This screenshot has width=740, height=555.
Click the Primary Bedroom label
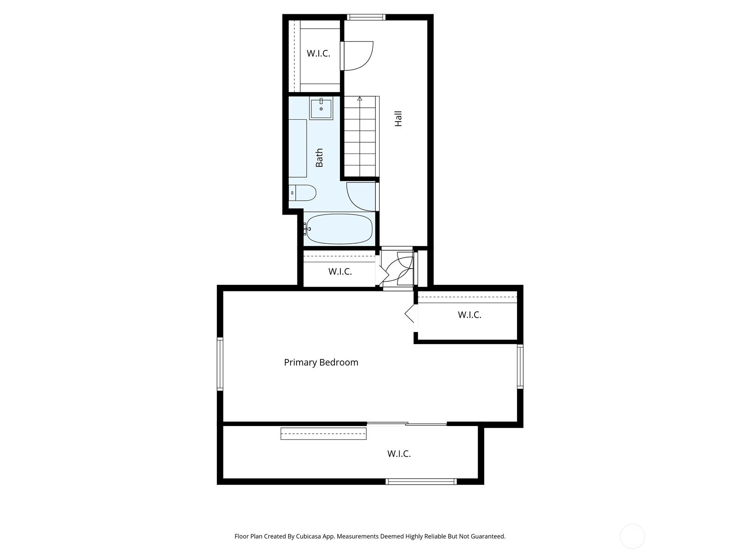[321, 363]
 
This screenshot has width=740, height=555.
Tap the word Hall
[398, 118]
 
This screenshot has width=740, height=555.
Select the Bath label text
[319, 158]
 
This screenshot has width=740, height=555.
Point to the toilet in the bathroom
[303, 192]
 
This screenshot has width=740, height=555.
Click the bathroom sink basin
[321, 109]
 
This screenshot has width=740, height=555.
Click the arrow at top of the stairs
[359, 99]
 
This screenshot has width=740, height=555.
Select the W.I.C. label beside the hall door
[318, 54]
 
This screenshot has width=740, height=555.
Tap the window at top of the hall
[366, 18]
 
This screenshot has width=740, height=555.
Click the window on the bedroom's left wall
[220, 364]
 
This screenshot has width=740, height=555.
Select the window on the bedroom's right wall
[520, 366]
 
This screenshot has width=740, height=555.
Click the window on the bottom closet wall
[421, 481]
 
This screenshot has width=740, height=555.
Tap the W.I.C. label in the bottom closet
[399, 454]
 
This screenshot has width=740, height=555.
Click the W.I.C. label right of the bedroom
[469, 315]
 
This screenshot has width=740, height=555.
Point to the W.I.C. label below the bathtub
[340, 272]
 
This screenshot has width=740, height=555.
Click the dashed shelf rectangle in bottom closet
[323, 434]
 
